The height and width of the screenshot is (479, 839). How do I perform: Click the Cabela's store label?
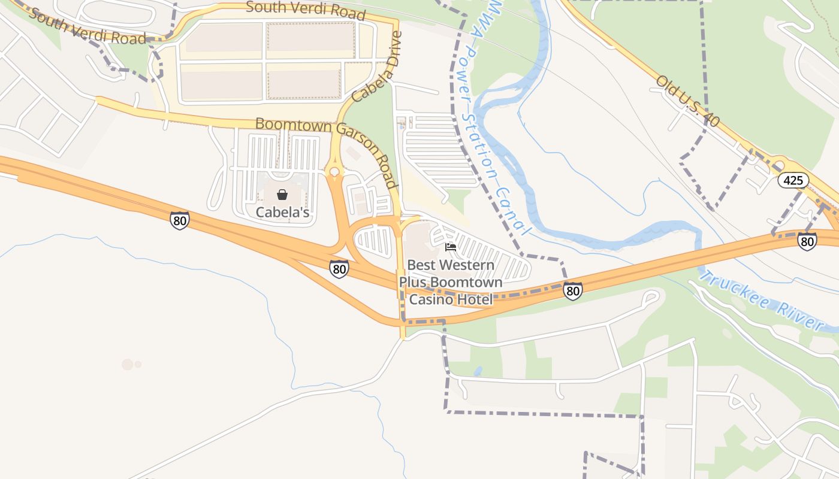point(282,212)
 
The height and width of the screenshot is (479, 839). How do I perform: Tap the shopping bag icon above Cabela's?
point(282,195)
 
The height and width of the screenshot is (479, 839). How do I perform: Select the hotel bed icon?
point(451,247)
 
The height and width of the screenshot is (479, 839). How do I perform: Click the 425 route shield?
point(794,180)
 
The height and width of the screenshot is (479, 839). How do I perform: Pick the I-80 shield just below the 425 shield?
point(807,241)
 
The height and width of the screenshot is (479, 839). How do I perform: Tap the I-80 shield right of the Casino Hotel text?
point(572,291)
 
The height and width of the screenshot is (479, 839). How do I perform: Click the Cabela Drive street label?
point(376,67)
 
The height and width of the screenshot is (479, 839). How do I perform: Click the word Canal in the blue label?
point(515,210)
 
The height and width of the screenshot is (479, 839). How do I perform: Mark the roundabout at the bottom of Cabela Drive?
point(334,172)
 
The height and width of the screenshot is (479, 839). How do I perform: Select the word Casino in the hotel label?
point(428,299)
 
